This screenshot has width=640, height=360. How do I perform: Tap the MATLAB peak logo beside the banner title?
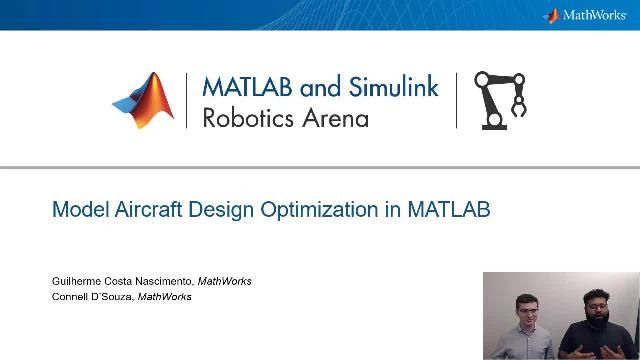click(144, 100)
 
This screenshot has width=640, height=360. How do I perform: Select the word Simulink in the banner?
click(393, 87)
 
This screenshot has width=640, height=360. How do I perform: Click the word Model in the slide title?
click(77, 211)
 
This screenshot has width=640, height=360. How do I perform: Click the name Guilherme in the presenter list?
click(76, 281)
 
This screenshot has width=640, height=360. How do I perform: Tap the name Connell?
click(70, 297)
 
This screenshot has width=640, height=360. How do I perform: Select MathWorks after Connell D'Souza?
click(164, 297)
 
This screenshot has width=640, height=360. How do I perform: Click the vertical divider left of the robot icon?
click(457, 100)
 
